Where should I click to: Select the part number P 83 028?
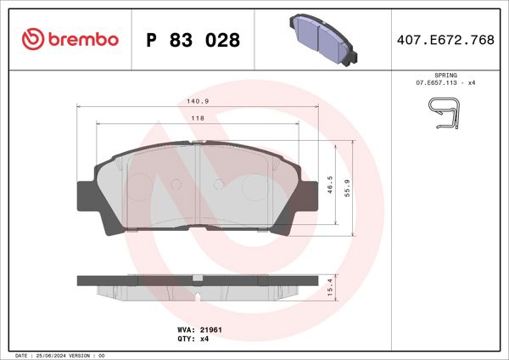[x=193, y=40]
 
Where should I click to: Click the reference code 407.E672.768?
[x=445, y=40]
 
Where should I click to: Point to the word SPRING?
[x=445, y=76]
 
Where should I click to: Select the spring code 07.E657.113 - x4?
[x=445, y=84]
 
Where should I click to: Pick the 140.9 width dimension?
[x=197, y=101]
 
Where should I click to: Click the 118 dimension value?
[x=196, y=117]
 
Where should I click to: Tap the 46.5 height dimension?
[x=330, y=186]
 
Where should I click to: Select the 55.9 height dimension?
[x=347, y=186]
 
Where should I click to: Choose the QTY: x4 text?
[x=193, y=338]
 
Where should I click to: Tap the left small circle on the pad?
[x=176, y=183]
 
